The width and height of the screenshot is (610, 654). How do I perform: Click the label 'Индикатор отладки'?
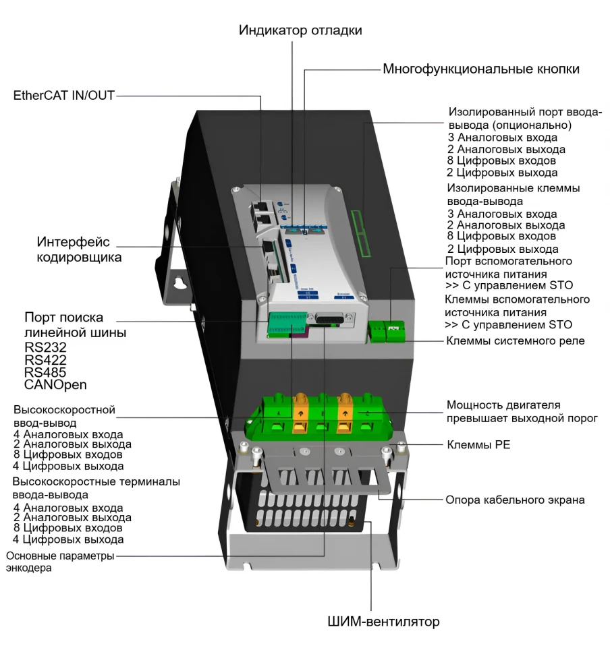tap(300, 30)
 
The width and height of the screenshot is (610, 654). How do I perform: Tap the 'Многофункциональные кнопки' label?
tap(481, 69)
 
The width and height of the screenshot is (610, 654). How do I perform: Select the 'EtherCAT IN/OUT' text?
tap(64, 96)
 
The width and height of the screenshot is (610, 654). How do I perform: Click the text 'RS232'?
tap(45, 347)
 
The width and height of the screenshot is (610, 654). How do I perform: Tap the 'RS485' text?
tap(45, 372)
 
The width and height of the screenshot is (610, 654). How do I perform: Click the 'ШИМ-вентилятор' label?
tap(382, 621)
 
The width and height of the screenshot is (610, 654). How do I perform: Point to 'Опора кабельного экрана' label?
tap(515, 500)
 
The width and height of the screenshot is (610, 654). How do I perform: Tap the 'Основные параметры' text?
tap(60, 556)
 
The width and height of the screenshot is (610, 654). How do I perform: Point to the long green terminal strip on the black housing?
tap(363, 233)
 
